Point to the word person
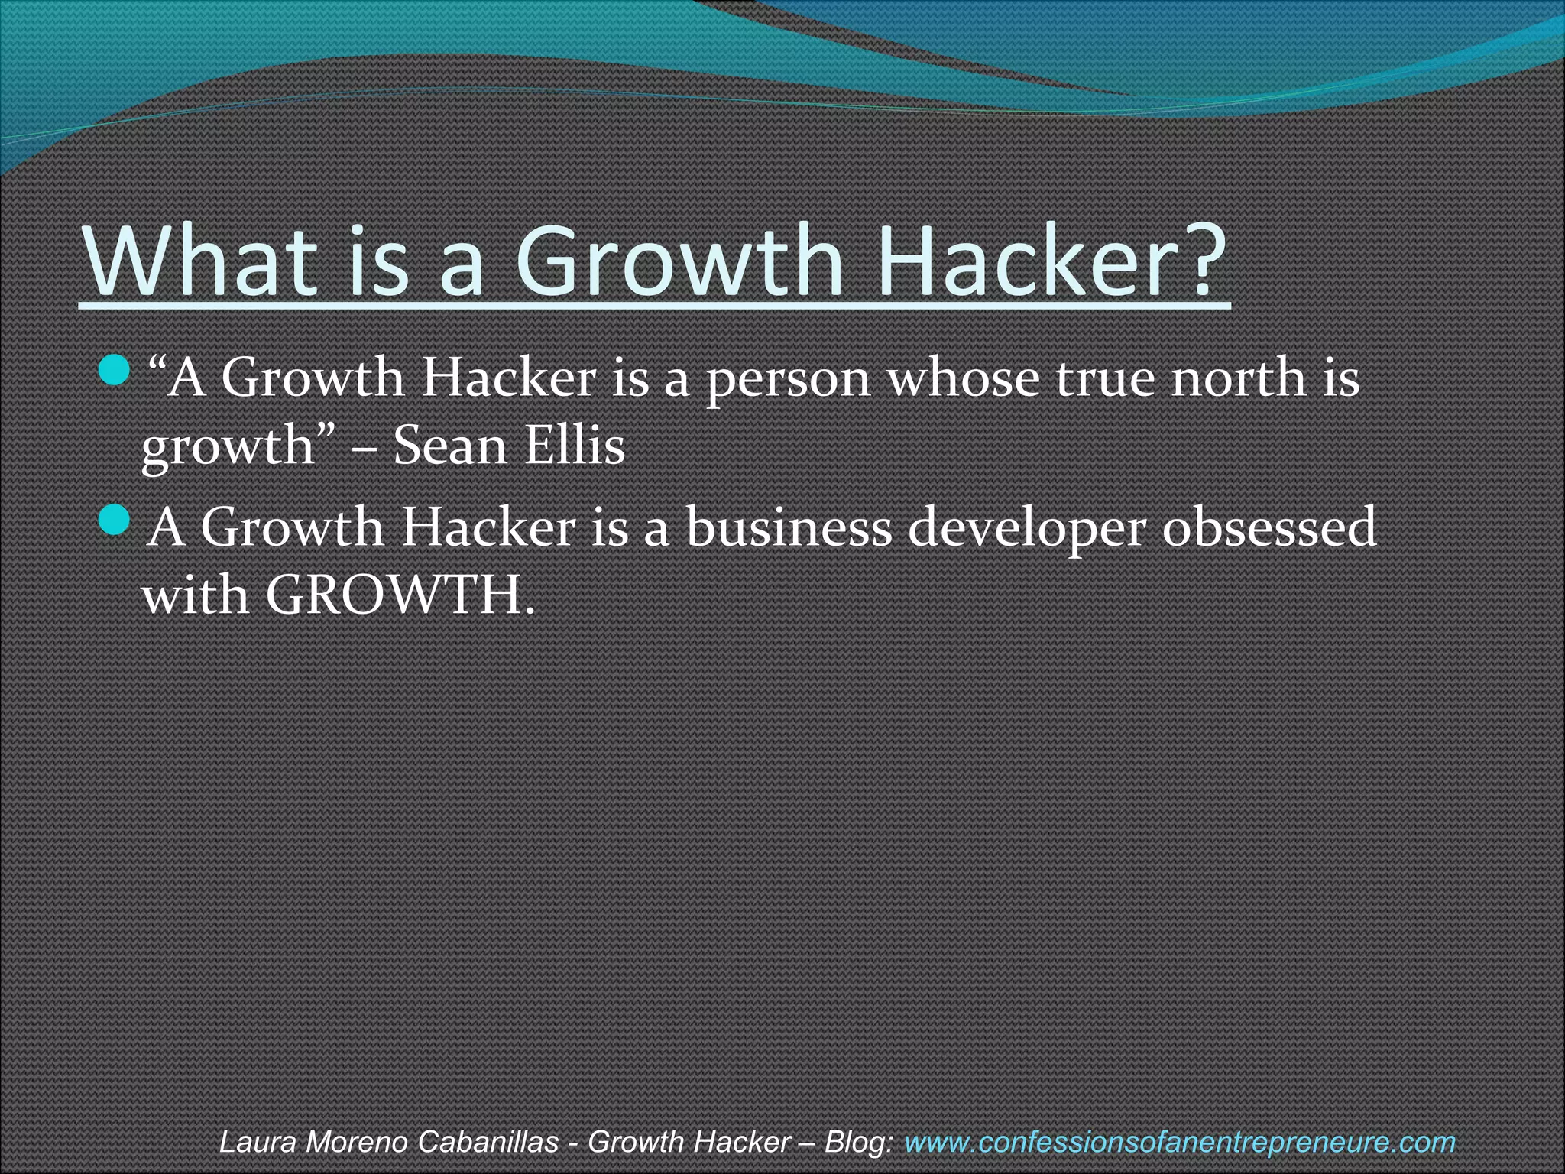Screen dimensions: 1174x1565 pos(788,379)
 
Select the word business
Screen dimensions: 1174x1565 pos(789,527)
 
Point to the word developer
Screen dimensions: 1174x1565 pos(1026,529)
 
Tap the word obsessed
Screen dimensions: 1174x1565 pos(1269,527)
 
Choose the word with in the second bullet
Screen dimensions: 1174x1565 pos(196,595)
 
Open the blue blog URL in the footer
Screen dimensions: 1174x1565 pos(1179,1142)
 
